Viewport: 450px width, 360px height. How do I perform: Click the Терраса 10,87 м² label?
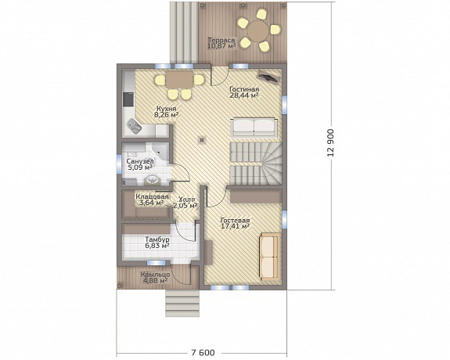pyautogui.click(x=221, y=43)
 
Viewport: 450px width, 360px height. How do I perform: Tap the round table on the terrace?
pyautogui.click(x=258, y=30)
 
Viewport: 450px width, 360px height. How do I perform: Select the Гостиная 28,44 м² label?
pyautogui.click(x=244, y=92)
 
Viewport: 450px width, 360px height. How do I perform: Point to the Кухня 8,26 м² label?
pyautogui.click(x=166, y=112)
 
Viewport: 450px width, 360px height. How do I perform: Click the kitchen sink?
pyautogui.click(x=135, y=126)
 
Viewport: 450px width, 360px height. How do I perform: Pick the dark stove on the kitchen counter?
pyautogui.click(x=128, y=99)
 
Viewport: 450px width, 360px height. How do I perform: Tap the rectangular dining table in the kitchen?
pyautogui.click(x=180, y=79)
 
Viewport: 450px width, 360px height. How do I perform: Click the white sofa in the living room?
pyautogui.click(x=254, y=127)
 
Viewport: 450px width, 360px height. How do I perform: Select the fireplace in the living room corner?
pyautogui.click(x=269, y=77)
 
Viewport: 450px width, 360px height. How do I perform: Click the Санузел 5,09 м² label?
pyautogui.click(x=140, y=164)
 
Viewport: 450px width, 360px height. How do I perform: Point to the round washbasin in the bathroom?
pyautogui.click(x=152, y=180)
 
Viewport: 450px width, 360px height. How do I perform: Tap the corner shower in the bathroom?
pyautogui.click(x=160, y=151)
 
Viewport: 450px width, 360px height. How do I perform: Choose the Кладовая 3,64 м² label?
pyautogui.click(x=152, y=200)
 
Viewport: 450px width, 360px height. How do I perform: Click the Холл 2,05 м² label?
pyautogui.click(x=185, y=203)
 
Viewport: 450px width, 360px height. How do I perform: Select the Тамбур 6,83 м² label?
pyautogui.click(x=157, y=243)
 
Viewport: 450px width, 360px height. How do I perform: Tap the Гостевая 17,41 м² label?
pyautogui.click(x=235, y=223)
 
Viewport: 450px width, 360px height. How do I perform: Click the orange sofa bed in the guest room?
pyautogui.click(x=270, y=257)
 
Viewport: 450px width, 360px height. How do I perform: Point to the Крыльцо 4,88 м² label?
pyautogui.click(x=155, y=277)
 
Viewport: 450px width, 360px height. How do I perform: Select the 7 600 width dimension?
pyautogui.click(x=203, y=352)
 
